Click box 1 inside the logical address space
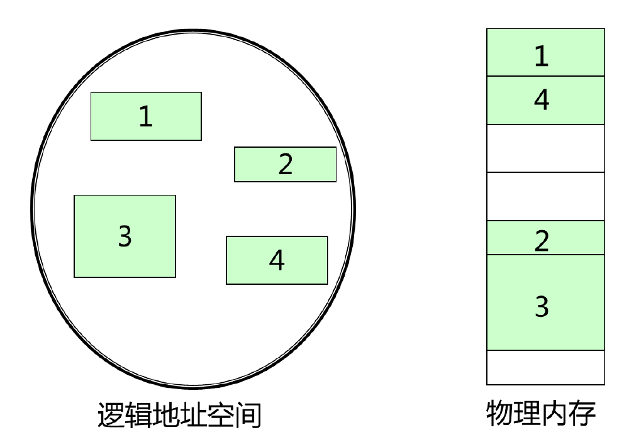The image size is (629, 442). pyautogui.click(x=146, y=116)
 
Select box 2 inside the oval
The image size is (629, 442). pyautogui.click(x=285, y=165)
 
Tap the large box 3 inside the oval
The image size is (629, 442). pyautogui.click(x=125, y=236)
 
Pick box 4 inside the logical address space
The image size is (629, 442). pyautogui.click(x=277, y=260)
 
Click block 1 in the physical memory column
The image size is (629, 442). pyautogui.click(x=545, y=53)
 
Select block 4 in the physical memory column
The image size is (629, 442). pyautogui.click(x=545, y=101)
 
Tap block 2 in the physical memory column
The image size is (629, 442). pyautogui.click(x=545, y=238)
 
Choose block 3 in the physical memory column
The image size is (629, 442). pyautogui.click(x=545, y=302)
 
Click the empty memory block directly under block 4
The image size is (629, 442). pyautogui.click(x=545, y=148)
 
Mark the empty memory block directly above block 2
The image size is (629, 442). pyautogui.click(x=545, y=196)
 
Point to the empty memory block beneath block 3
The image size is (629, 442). pyautogui.click(x=545, y=367)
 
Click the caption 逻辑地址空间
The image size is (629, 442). pyautogui.click(x=180, y=415)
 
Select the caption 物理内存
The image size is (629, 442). pyautogui.click(x=541, y=414)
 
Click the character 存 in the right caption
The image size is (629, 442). pyautogui.click(x=582, y=414)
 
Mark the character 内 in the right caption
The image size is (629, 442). pyautogui.click(x=555, y=414)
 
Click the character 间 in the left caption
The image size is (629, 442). pyautogui.click(x=247, y=415)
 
